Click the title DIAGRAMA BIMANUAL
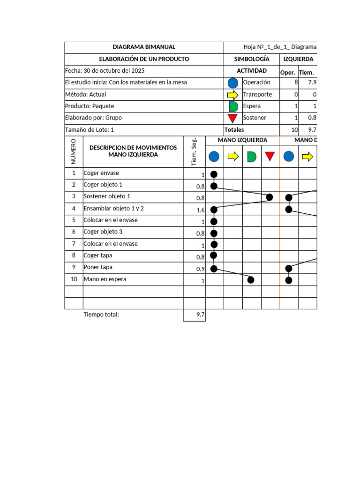(144, 47)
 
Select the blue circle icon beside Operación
(233, 83)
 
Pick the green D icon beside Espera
(233, 106)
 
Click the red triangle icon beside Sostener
(233, 118)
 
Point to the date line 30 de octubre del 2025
(105, 71)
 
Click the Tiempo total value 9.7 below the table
(200, 315)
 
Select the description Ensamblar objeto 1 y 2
(113, 209)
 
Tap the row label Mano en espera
(105, 279)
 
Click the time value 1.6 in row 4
(200, 210)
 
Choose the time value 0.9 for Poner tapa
(200, 269)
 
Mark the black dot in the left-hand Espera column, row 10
(251, 280)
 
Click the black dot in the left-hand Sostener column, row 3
(270, 197)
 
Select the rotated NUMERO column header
(74, 151)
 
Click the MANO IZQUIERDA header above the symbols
(242, 140)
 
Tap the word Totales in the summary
(234, 130)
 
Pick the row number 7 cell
(74, 244)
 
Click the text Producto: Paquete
(90, 106)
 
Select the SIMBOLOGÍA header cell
(252, 59)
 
